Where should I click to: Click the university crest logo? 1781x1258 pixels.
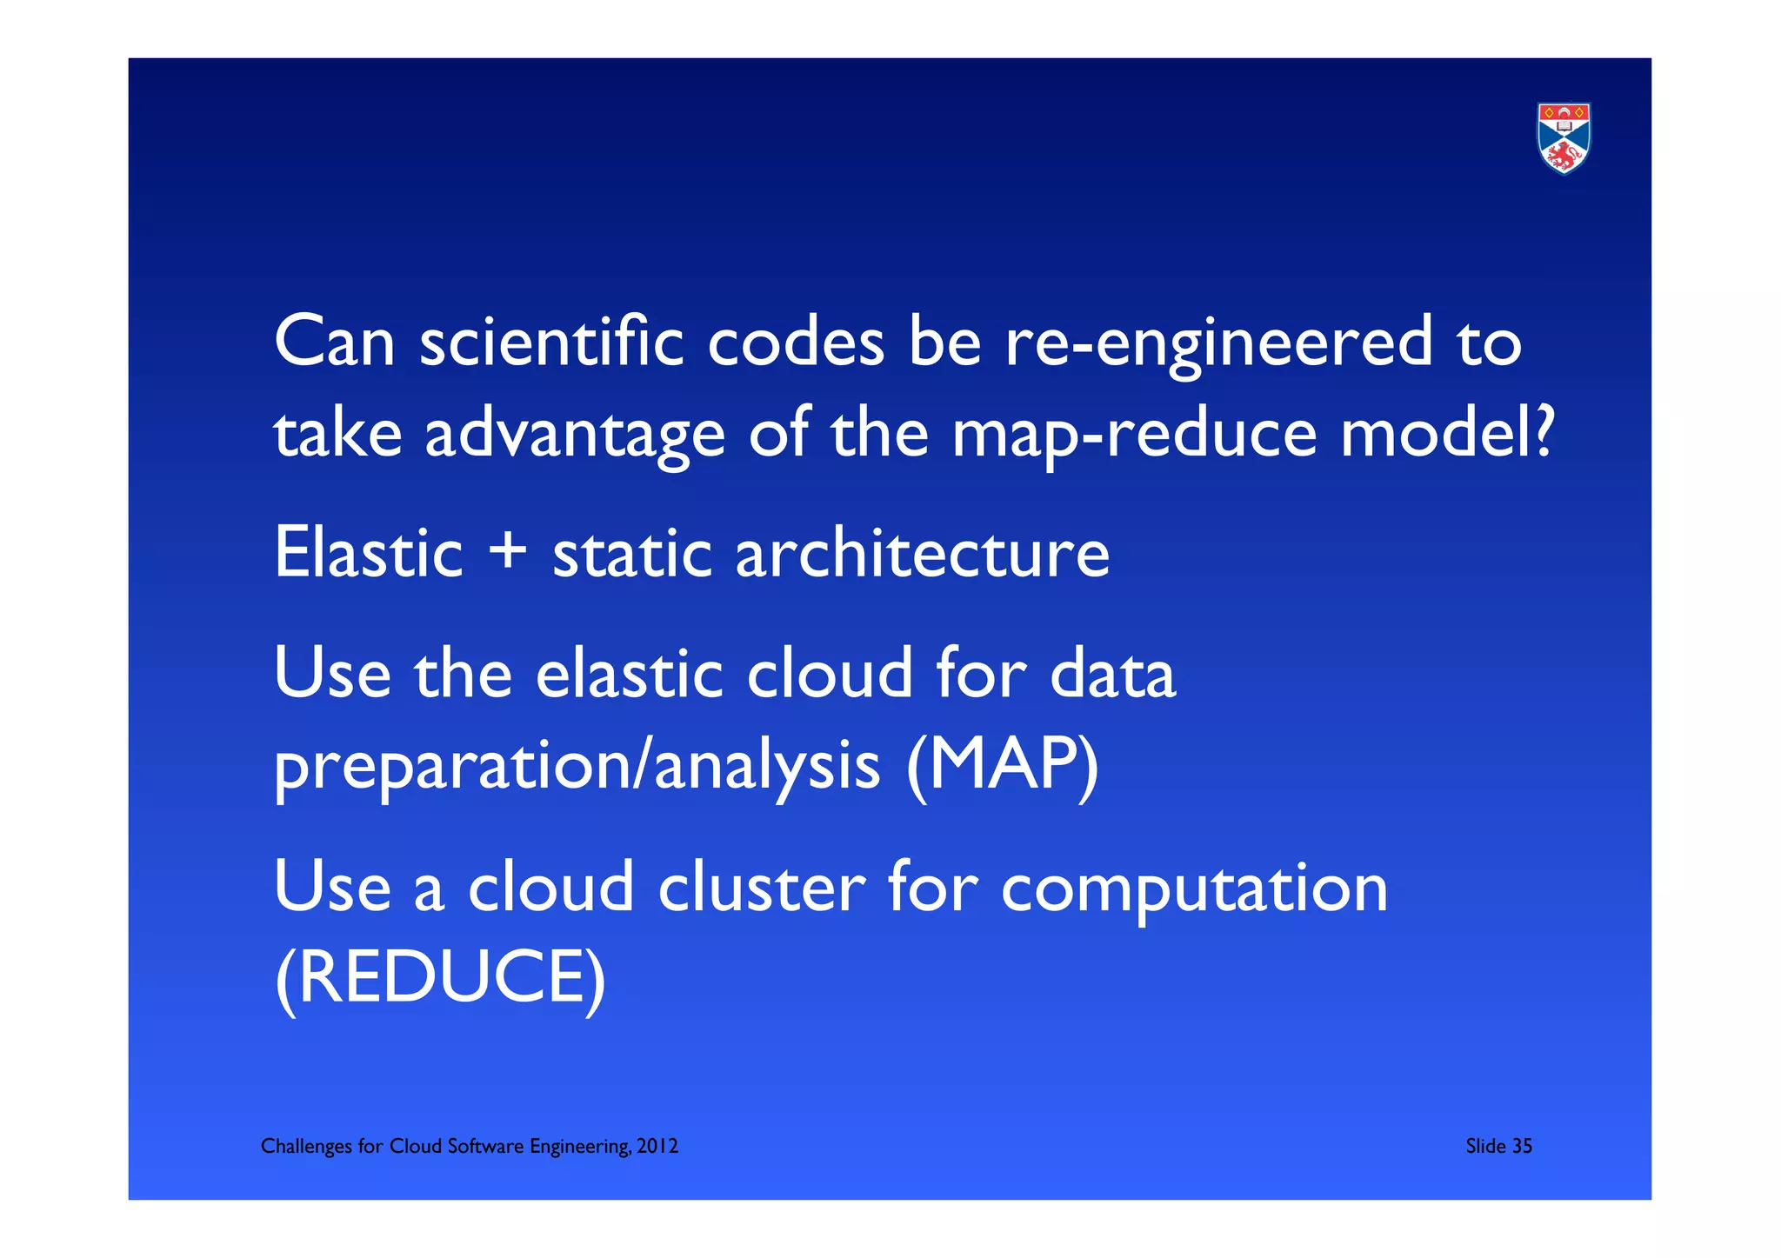coord(1564,138)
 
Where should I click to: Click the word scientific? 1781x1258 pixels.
coord(550,342)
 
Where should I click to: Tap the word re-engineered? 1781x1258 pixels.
coord(1218,342)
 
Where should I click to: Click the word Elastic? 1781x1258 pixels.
coord(369,553)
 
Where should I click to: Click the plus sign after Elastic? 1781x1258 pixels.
coord(508,553)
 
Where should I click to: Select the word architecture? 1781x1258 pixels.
coord(922,553)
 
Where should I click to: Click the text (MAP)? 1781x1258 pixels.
coord(1002,765)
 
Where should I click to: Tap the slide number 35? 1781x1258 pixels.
coord(1522,1146)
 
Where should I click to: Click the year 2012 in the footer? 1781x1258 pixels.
coord(657,1146)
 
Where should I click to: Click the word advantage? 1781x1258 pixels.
coord(575,434)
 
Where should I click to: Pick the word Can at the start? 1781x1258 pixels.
coord(335,342)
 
